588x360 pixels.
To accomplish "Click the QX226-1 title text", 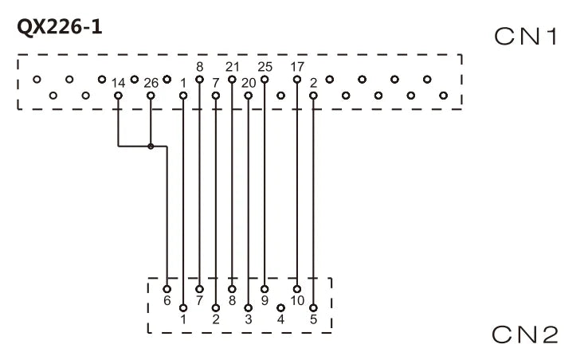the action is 60,27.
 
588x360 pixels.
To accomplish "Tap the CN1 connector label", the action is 526,37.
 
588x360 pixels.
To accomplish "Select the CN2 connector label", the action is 525,335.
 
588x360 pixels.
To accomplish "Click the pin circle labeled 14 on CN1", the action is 118,96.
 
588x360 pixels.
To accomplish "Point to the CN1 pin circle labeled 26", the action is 151,96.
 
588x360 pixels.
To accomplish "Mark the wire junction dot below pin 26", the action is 151,147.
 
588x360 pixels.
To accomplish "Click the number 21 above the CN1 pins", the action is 232,67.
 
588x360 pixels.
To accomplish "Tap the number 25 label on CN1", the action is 265,67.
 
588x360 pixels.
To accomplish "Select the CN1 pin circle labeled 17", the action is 297,79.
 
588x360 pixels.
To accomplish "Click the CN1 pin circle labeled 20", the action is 249,96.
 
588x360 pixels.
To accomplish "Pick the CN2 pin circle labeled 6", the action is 167,289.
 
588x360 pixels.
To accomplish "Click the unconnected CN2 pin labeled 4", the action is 280,308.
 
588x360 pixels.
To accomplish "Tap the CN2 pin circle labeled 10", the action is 297,289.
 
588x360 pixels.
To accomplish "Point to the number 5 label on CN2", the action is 313,319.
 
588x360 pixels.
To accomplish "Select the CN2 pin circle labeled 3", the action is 249,308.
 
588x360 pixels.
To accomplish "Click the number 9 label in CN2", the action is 265,301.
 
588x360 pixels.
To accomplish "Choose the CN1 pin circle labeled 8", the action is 199,79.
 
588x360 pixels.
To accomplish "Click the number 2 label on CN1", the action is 313,83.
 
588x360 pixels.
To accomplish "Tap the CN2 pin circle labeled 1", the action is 183,308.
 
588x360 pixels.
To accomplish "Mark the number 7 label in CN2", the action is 199,301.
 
